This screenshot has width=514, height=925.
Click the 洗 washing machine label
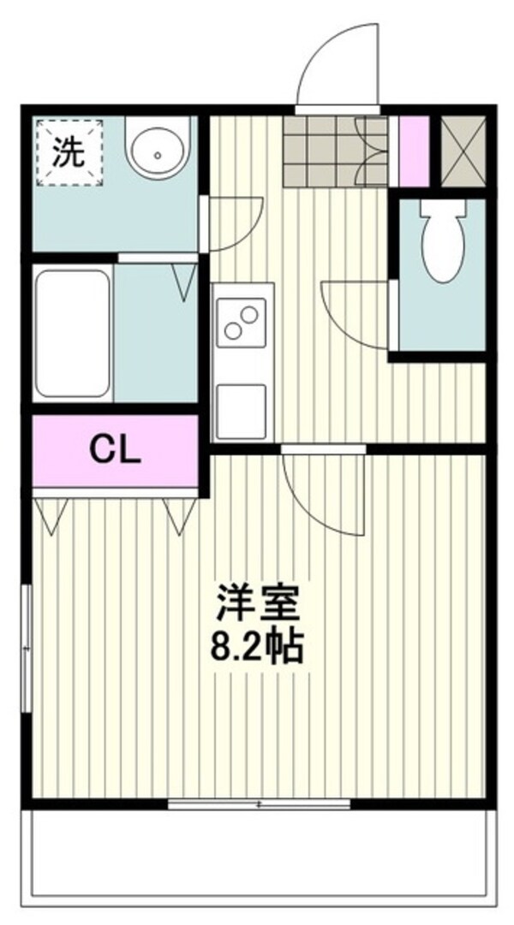click(68, 153)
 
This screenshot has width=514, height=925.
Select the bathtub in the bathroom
click(72, 333)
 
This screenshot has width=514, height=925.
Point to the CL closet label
click(115, 451)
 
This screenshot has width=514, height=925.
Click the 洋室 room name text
click(258, 602)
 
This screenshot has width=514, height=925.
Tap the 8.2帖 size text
click(258, 647)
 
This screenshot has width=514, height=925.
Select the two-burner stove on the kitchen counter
click(241, 323)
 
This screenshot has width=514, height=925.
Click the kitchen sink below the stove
click(241, 411)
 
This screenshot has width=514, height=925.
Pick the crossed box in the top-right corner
click(463, 151)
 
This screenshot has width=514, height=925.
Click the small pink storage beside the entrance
click(414, 151)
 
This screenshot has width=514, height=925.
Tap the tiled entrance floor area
click(335, 151)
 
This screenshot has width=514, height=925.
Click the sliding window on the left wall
click(26, 649)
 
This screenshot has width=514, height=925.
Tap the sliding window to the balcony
click(259, 803)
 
